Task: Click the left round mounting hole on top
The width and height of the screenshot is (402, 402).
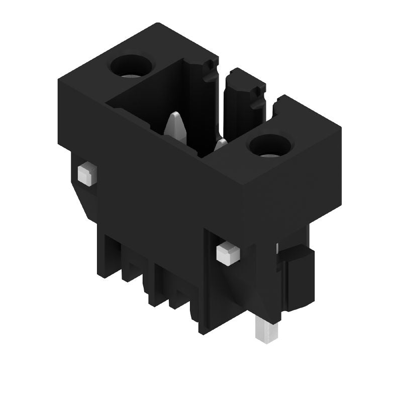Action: pyautogui.click(x=131, y=66)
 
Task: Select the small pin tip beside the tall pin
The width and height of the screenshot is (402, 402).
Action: pyautogui.click(x=221, y=145)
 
